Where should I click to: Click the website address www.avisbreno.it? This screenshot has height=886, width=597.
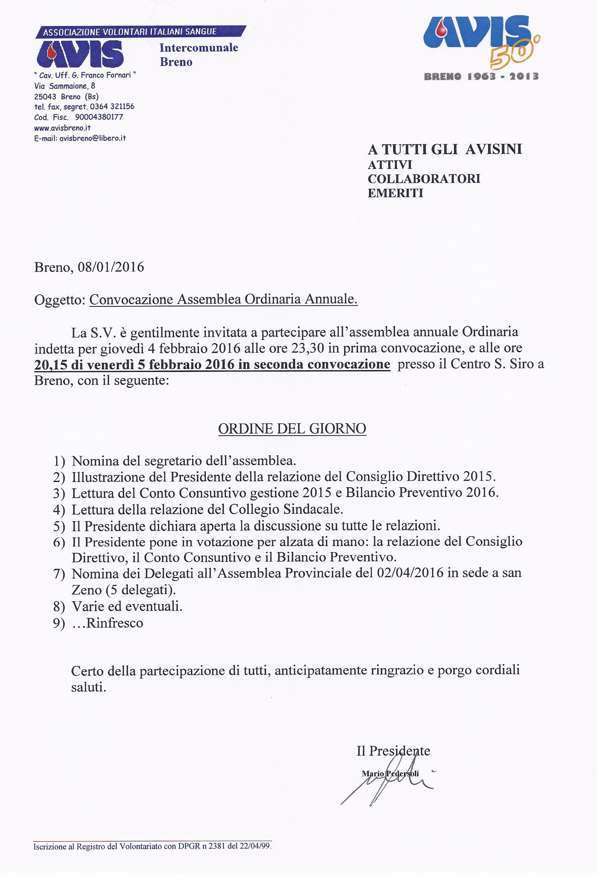click(63, 127)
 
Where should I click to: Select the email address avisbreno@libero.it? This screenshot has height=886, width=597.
click(92, 138)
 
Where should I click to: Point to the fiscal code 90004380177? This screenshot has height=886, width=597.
click(99, 117)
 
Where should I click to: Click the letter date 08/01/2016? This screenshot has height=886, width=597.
click(111, 267)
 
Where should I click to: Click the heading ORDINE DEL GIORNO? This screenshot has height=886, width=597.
click(292, 429)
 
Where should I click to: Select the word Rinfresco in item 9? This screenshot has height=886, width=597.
click(115, 623)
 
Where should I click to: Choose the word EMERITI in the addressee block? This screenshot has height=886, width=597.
click(395, 193)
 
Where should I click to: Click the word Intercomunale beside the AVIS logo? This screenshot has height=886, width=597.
click(199, 48)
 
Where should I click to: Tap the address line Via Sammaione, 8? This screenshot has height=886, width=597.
click(65, 86)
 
